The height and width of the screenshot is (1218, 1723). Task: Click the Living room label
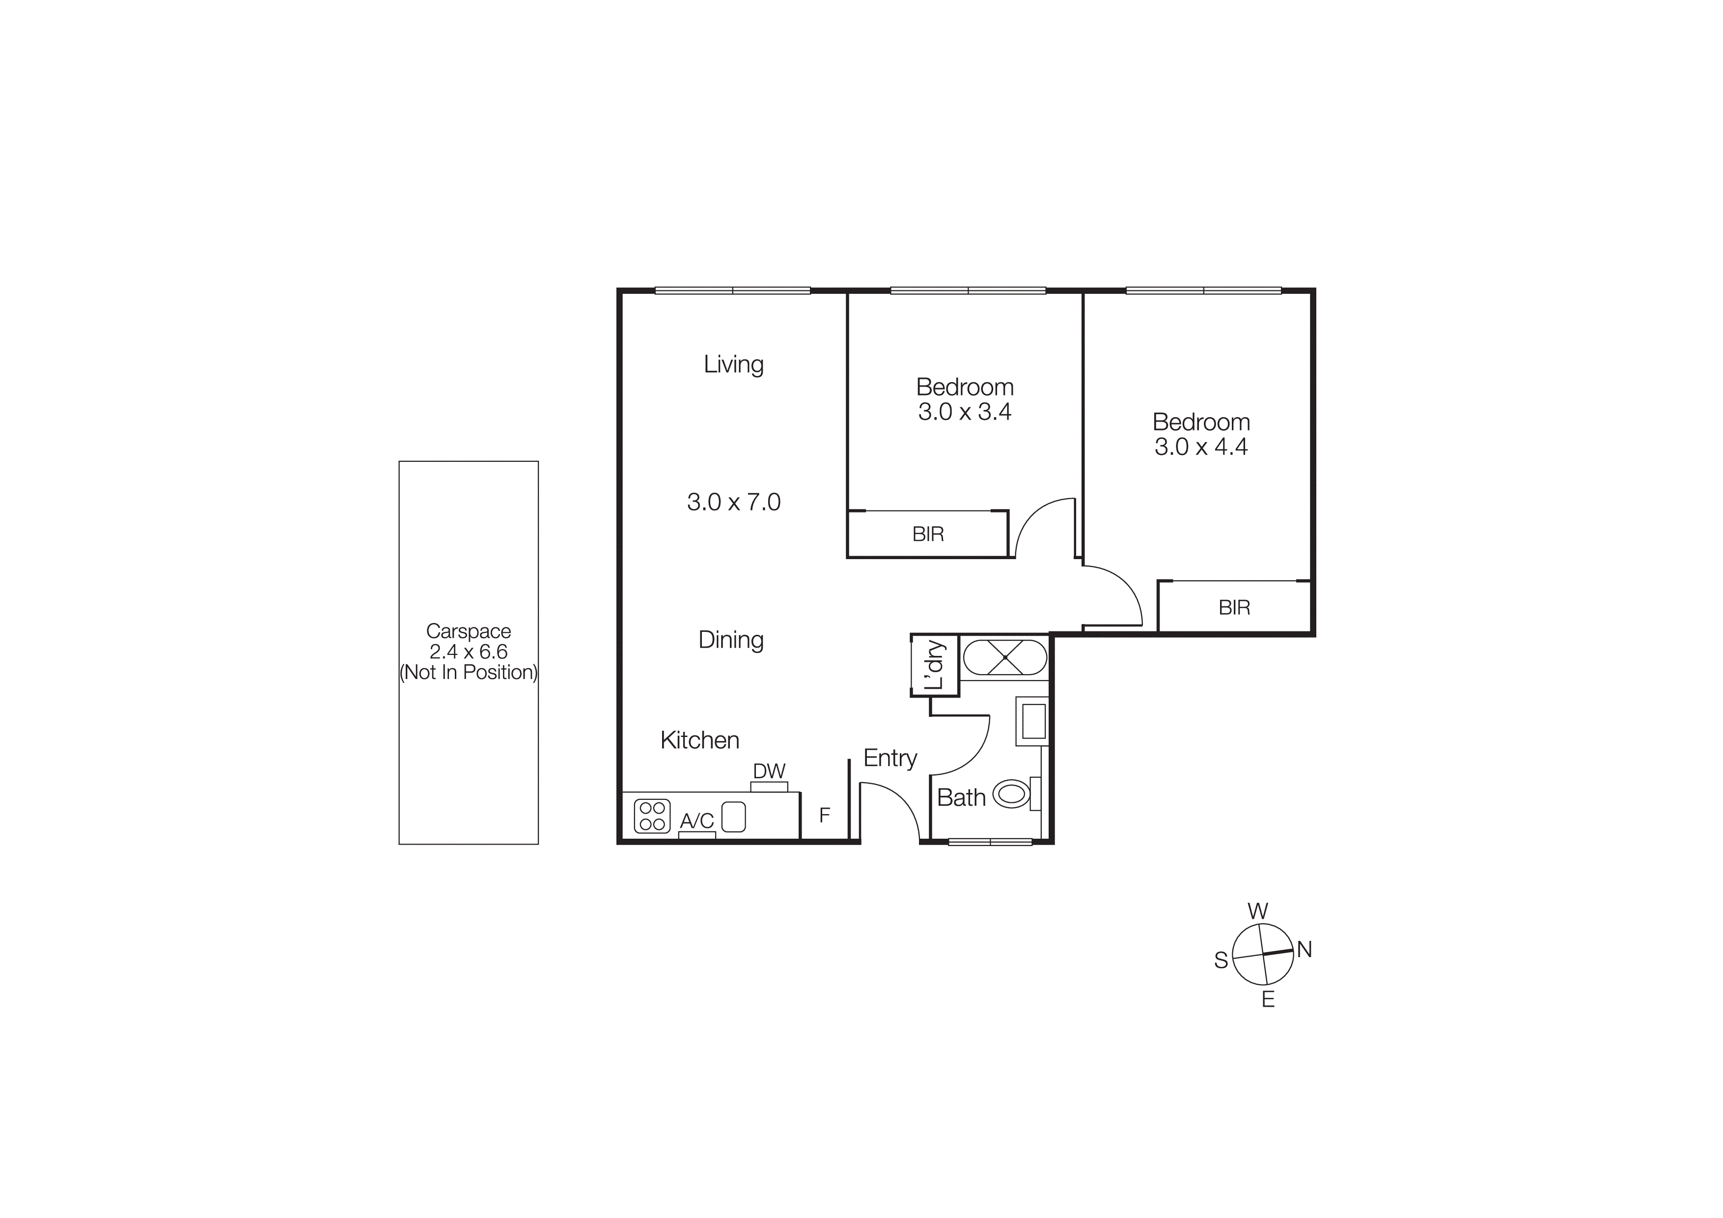point(733,365)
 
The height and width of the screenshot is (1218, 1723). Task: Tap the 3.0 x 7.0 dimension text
point(733,502)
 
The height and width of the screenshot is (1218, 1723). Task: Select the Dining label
point(731,640)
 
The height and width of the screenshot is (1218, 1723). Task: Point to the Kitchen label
point(699,741)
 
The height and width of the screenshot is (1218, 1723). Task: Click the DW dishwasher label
point(769,771)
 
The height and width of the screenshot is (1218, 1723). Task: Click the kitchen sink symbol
point(733,817)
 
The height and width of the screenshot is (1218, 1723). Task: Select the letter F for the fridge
point(824,815)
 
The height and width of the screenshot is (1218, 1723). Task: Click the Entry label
point(890,758)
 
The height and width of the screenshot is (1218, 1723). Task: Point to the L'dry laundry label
point(934,665)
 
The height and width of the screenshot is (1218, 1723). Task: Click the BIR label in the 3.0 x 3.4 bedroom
point(927,535)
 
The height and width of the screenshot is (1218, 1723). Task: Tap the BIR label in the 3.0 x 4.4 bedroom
point(1234,608)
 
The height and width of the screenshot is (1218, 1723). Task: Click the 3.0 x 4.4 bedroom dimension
point(1201,447)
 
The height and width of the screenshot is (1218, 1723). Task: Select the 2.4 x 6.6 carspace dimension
point(468,652)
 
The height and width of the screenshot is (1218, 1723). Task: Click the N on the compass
point(1304,950)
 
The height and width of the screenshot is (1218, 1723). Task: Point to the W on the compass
point(1258,911)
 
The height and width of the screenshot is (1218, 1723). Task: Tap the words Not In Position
point(468,673)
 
